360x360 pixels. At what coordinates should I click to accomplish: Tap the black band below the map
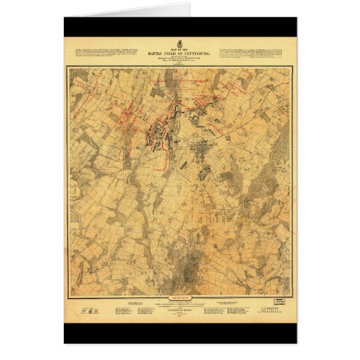180,333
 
